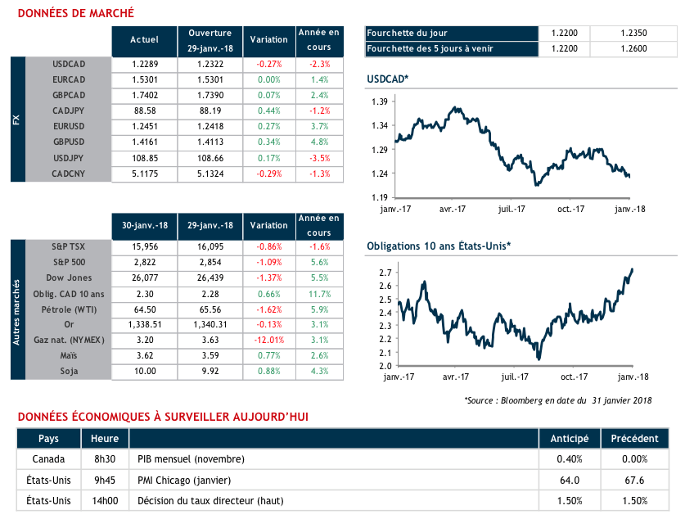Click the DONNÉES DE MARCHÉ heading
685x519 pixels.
click(x=76, y=14)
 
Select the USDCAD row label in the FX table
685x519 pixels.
click(x=69, y=63)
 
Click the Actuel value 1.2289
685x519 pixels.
click(x=144, y=63)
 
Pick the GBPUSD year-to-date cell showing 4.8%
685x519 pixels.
click(x=319, y=142)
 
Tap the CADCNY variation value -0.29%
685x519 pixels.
click(x=268, y=174)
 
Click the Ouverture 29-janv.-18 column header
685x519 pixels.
click(x=210, y=39)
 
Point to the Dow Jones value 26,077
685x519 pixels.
click(x=144, y=278)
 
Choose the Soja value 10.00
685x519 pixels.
click(x=144, y=372)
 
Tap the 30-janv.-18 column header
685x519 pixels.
click(x=144, y=226)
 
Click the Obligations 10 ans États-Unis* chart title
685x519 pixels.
click(x=439, y=246)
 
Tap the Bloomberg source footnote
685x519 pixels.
click(x=557, y=400)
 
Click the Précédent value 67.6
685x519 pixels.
click(x=635, y=480)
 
